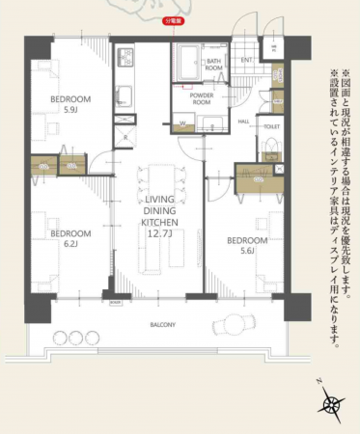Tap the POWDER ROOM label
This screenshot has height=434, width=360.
[202, 96]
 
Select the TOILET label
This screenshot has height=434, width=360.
[271, 126]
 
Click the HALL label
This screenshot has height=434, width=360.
[244, 122]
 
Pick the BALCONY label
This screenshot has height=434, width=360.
[161, 325]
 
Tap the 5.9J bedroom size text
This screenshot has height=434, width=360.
[69, 109]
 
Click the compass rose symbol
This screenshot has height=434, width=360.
[333, 405]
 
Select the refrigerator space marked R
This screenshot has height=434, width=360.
[126, 137]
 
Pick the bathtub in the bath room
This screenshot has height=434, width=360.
[186, 65]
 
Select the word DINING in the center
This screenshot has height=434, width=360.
[157, 211]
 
